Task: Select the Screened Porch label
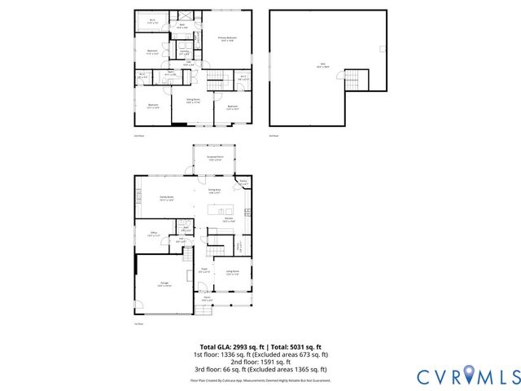tap(216, 159)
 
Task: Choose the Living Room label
tap(232, 272)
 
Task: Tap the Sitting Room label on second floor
tap(192, 101)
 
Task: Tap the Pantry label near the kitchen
tap(243, 182)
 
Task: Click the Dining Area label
tap(214, 191)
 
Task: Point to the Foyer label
tap(205, 270)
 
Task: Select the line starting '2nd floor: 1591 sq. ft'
tap(260, 362)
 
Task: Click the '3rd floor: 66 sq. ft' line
tap(260, 369)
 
